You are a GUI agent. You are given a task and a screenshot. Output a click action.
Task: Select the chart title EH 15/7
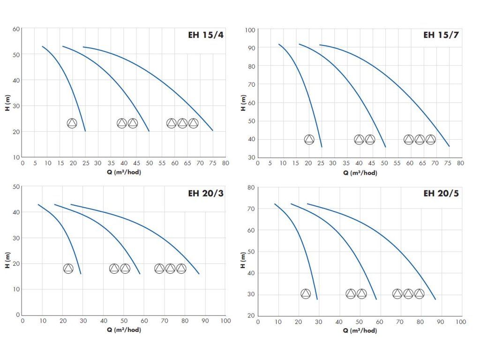click(441, 35)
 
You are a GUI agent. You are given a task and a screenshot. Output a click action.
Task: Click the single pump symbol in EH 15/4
click(72, 123)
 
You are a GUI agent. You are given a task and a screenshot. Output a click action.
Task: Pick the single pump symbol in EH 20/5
click(306, 294)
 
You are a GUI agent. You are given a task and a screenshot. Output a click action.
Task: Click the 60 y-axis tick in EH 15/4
click(16, 29)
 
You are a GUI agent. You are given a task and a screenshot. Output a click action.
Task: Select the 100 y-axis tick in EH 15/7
click(250, 30)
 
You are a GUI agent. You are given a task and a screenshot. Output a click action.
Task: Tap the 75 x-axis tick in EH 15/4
click(212, 164)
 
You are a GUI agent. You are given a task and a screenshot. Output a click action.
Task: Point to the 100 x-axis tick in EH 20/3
click(225, 321)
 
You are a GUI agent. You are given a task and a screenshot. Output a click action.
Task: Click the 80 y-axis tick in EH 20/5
click(251, 187)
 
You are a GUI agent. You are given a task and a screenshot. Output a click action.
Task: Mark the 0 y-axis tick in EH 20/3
click(18, 315)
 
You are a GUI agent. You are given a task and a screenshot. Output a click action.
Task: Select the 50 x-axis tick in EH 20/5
click(359, 322)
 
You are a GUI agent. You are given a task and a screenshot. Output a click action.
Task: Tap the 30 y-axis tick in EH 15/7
click(251, 157)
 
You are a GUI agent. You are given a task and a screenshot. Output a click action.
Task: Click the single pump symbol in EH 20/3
click(68, 269)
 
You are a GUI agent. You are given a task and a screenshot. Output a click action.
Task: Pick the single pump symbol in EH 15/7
click(309, 139)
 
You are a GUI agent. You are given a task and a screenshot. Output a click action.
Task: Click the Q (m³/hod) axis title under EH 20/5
click(360, 330)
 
